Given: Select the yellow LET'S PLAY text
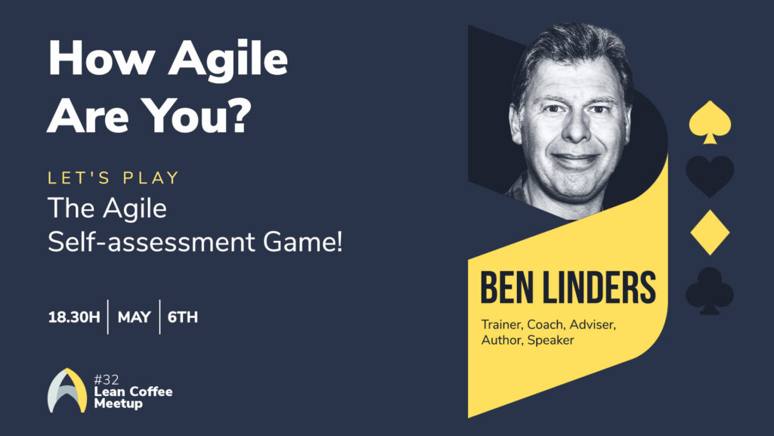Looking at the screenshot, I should pyautogui.click(x=114, y=178).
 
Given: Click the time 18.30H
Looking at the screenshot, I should pyautogui.click(x=73, y=317).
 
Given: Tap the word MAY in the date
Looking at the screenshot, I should pyautogui.click(x=134, y=317).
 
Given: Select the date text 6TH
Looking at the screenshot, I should pyautogui.click(x=183, y=317).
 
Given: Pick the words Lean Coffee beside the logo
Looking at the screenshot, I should pyautogui.click(x=133, y=391).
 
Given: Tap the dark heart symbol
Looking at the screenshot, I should pyautogui.click(x=710, y=175).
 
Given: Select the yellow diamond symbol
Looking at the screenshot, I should pyautogui.click(x=710, y=232).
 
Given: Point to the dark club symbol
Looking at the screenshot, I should pyautogui.click(x=710, y=289).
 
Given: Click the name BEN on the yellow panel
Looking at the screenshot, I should pyautogui.click(x=506, y=289).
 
